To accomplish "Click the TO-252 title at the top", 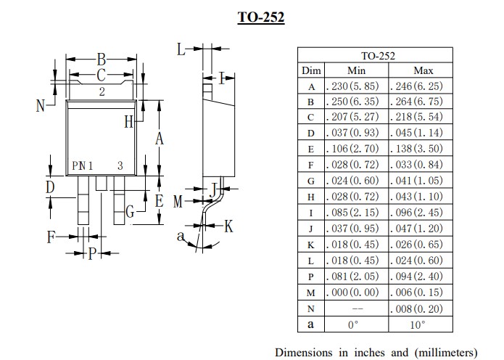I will point(260,17).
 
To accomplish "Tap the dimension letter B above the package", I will point(102,59).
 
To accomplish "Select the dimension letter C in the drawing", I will point(102,75).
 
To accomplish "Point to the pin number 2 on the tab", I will point(102,91).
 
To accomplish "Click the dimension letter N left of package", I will point(41,105).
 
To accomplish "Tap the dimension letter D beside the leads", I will point(50,187).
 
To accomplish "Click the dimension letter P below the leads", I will point(91,253).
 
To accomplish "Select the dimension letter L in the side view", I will point(181,49).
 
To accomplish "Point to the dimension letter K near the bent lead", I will point(228,226).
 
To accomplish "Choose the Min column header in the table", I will point(357,70).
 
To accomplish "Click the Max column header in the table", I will point(423,70).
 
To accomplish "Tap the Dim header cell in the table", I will point(311,70).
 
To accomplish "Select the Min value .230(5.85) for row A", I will point(357,86).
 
